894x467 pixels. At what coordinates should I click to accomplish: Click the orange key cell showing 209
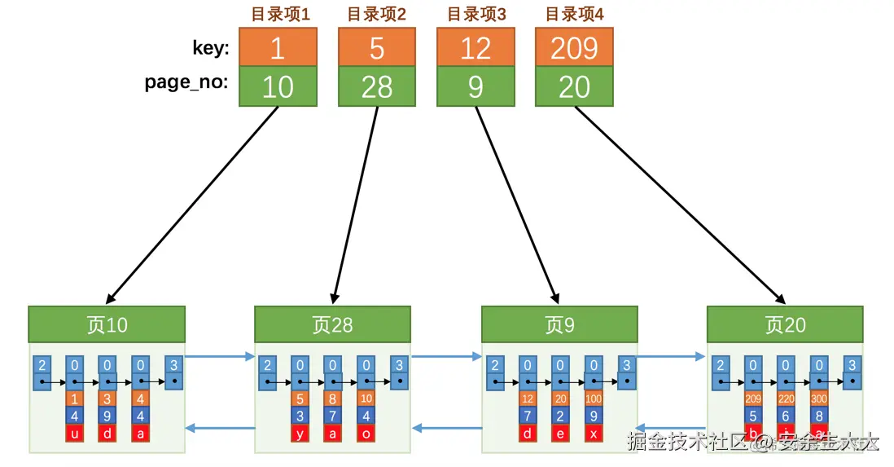(x=574, y=48)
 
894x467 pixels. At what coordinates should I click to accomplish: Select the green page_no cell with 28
(x=377, y=86)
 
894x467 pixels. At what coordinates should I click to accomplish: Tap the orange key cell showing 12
(x=475, y=48)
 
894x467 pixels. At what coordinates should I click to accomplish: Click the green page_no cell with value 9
(x=475, y=86)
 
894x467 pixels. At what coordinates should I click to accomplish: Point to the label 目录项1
(x=278, y=14)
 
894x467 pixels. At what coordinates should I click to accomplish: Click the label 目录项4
(x=574, y=14)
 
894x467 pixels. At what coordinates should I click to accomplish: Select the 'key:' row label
(x=211, y=48)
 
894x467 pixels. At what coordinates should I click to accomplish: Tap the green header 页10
(x=107, y=324)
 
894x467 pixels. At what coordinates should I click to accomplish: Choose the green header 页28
(x=332, y=324)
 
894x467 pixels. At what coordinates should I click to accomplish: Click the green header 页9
(x=559, y=324)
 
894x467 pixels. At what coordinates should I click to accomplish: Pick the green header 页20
(x=785, y=324)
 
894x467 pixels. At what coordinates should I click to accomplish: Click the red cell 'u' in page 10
(x=74, y=433)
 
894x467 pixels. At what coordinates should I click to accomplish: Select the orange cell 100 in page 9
(x=594, y=399)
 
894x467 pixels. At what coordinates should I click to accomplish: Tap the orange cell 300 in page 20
(x=819, y=399)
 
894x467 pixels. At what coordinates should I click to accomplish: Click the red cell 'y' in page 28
(x=300, y=433)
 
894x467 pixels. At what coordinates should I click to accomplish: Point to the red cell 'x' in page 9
(x=594, y=433)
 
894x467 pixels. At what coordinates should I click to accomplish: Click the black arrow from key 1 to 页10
(x=193, y=204)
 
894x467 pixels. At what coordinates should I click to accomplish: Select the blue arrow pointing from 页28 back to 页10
(x=220, y=428)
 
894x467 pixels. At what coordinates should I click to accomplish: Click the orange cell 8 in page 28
(x=333, y=399)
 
